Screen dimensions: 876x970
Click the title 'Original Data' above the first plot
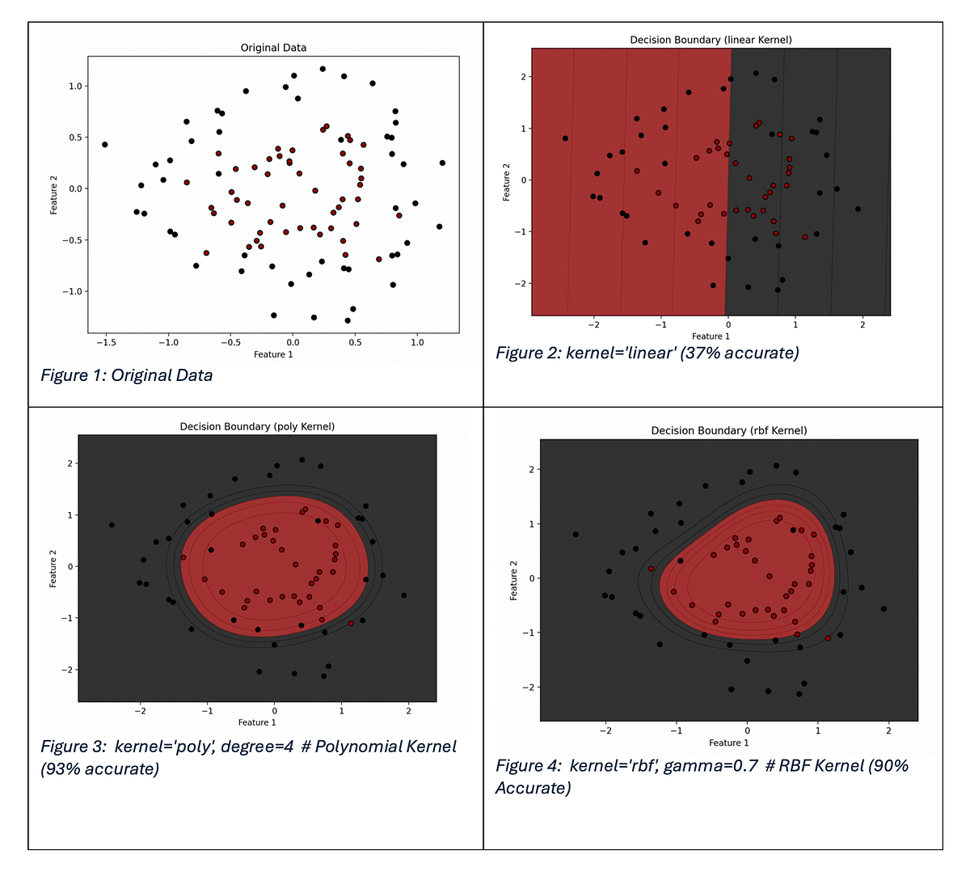click(x=273, y=48)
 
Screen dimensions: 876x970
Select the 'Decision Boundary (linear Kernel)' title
click(x=711, y=40)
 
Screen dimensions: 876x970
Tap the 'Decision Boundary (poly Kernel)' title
click(x=257, y=426)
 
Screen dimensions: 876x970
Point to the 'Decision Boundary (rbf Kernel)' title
click(x=728, y=430)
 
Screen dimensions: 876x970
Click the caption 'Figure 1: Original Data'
click(x=127, y=375)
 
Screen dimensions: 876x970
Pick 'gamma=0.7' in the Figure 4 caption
click(x=711, y=765)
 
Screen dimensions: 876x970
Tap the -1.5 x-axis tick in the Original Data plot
click(x=106, y=343)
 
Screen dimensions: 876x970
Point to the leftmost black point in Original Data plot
click(x=104, y=145)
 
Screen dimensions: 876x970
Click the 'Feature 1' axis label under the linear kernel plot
click(x=711, y=336)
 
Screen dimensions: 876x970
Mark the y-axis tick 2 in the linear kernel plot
click(x=523, y=77)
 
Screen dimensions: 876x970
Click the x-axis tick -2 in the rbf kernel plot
click(x=605, y=731)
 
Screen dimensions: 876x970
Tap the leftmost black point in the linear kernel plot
click(x=565, y=138)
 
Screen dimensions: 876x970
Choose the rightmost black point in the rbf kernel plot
click(x=884, y=608)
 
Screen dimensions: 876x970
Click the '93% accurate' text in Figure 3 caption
click(x=99, y=768)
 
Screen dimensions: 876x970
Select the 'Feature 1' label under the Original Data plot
click(x=273, y=354)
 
